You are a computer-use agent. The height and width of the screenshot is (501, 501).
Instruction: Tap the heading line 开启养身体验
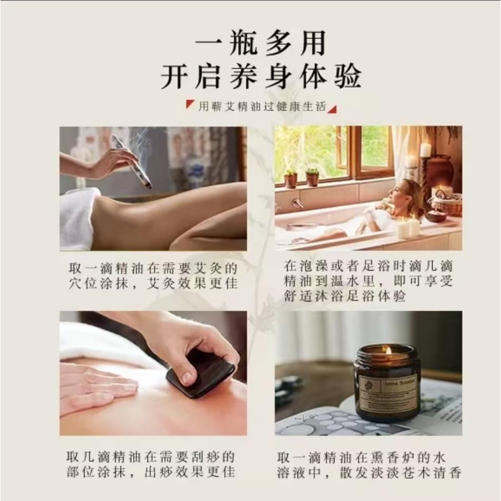pos(261,77)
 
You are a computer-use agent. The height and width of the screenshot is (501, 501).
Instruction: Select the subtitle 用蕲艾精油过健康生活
pos(262,107)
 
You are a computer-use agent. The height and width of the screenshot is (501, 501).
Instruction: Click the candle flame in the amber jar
pos(388,351)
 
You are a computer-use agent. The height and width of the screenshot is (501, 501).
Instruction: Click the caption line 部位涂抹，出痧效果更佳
pos(151,471)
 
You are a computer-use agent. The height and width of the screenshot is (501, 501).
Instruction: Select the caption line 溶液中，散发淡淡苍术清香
pos(369,471)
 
